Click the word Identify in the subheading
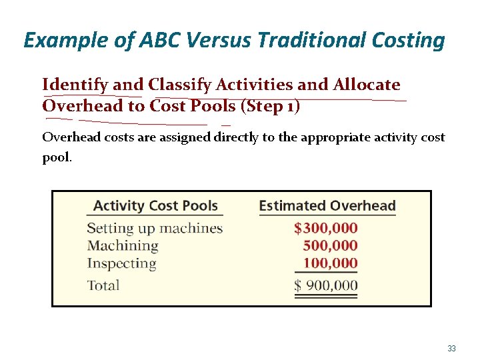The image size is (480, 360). coord(75,85)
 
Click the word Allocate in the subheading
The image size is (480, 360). coord(366,85)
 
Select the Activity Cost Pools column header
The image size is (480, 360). coord(155,206)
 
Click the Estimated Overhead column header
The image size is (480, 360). coord(327,206)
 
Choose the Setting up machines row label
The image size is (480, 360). coord(155,229)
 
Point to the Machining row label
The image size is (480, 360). coord(123,246)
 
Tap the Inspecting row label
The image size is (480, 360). coord(121,263)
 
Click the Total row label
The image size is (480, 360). coord(103,285)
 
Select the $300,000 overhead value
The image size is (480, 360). coord(325,229)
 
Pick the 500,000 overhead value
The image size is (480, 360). coord(330,246)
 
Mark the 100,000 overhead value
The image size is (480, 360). coord(330,263)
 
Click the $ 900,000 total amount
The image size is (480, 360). coord(325,286)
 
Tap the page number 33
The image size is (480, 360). coord(451,349)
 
